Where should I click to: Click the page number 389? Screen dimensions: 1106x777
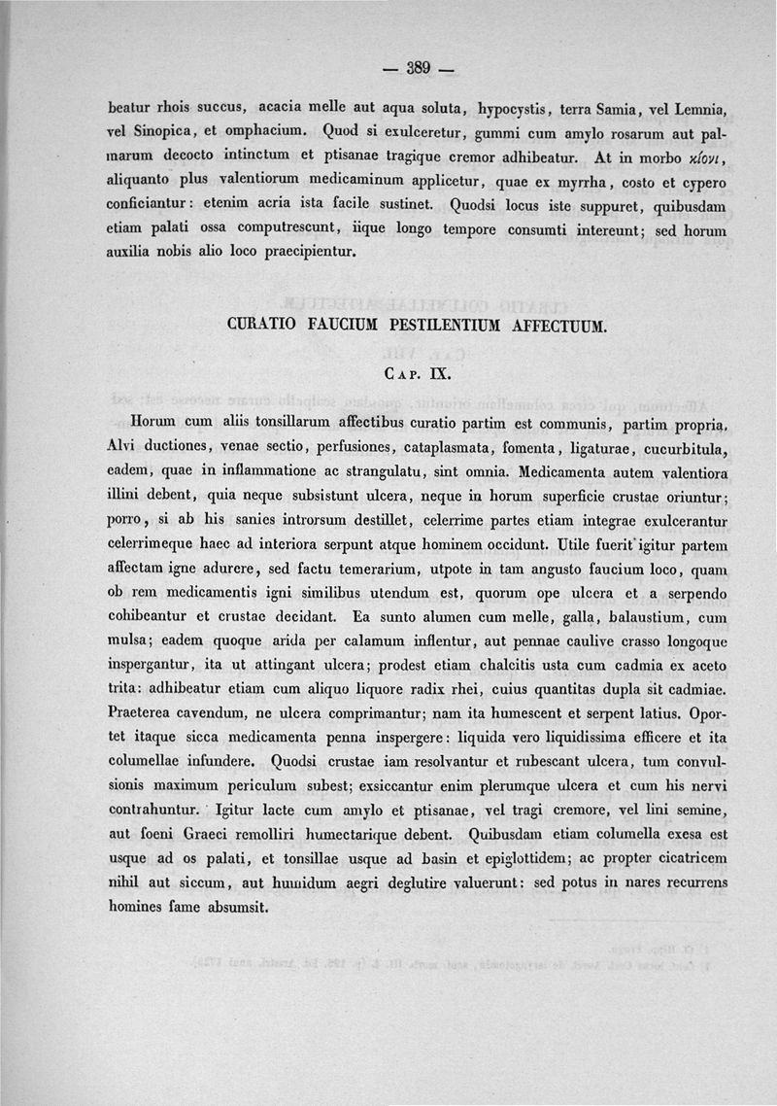(x=419, y=68)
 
